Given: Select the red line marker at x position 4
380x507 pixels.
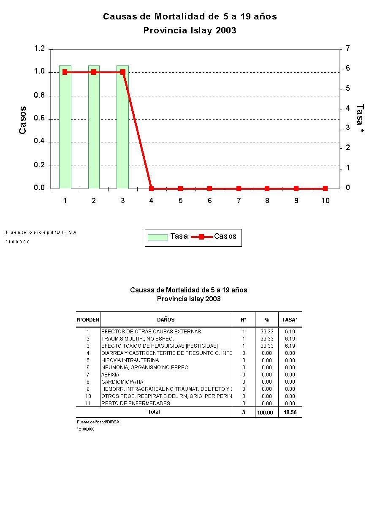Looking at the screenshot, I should pos(152,188).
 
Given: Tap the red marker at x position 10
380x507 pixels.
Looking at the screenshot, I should pos(325,188).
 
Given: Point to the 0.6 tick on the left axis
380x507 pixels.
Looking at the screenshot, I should pos(39,119).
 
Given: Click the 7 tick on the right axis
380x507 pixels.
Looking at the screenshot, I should pos(347,49).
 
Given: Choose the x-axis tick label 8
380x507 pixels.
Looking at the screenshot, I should pos(267,201).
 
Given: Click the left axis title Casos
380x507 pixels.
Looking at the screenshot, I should pos(23,120).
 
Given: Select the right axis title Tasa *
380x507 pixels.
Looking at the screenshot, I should pos(360,120).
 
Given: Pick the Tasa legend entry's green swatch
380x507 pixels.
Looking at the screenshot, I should pos(157,237).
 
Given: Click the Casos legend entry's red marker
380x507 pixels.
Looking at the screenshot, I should pos(201,237).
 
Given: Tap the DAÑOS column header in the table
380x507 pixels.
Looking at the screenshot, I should pos(166,320).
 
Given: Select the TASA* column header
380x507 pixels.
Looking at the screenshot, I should pos(290,320).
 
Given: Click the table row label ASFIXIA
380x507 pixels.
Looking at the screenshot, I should pos(110,375).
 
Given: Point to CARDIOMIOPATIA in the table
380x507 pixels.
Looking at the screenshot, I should pos(122,382).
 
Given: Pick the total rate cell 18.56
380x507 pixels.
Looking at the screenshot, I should pos(290,412).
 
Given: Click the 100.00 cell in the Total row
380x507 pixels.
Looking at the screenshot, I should pos(265,412).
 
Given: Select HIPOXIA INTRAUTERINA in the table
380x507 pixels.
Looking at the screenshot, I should pos(130,360).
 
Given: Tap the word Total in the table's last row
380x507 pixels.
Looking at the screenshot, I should pos(154,412).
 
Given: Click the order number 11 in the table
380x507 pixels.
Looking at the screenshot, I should pos(88,403).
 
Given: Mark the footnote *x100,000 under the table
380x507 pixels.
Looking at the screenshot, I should pos(86,429).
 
